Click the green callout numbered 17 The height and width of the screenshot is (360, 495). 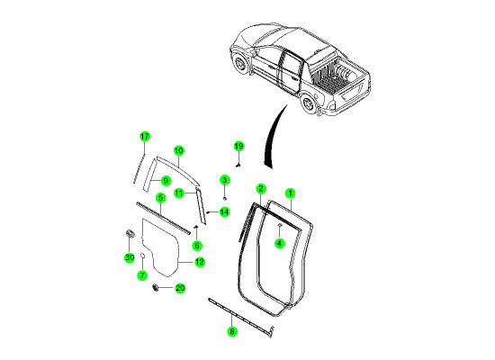[144, 137]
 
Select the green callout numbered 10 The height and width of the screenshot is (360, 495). [179, 150]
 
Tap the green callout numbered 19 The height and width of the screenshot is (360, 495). [239, 146]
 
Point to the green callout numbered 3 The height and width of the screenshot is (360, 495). [224, 180]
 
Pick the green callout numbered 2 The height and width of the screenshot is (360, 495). [261, 188]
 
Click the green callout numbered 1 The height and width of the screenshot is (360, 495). [290, 193]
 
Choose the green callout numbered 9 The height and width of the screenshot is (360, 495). [166, 181]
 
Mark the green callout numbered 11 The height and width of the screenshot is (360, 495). [179, 193]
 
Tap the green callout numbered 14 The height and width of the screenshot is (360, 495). [224, 211]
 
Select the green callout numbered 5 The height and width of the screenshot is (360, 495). [161, 198]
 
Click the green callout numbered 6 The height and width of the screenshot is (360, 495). [197, 246]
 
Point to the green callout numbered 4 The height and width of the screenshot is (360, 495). [279, 243]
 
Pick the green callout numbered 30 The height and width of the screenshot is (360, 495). [130, 257]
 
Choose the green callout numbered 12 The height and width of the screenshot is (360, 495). [200, 262]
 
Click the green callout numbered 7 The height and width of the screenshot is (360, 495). [142, 275]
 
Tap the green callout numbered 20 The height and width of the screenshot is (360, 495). [180, 288]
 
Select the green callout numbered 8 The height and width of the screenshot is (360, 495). [232, 331]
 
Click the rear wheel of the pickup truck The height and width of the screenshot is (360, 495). [308, 103]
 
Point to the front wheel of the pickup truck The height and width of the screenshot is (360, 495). [241, 65]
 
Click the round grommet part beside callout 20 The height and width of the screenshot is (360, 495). [156, 287]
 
